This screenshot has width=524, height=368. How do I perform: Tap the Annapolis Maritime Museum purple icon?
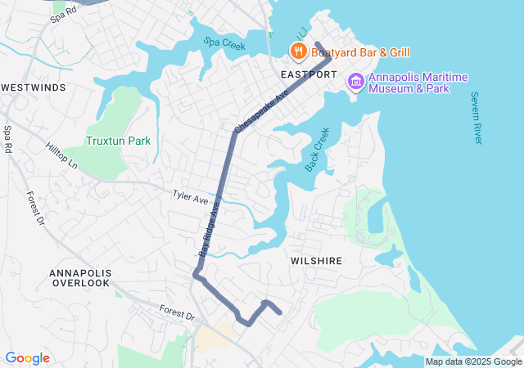point(355,81)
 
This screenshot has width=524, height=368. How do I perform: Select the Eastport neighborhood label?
point(309,74)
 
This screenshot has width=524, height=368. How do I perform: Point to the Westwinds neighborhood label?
point(34,87)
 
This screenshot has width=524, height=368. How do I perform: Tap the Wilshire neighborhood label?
point(315,260)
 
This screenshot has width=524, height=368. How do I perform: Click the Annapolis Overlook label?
point(79,277)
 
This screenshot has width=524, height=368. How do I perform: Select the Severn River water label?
point(476,118)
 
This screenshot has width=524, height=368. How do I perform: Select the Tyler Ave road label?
point(190,197)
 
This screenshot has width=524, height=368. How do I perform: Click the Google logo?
point(27,358)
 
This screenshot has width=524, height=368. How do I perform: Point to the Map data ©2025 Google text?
point(473,361)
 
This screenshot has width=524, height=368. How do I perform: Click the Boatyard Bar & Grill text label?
point(360,52)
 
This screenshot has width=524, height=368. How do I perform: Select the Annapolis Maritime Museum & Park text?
point(418,83)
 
